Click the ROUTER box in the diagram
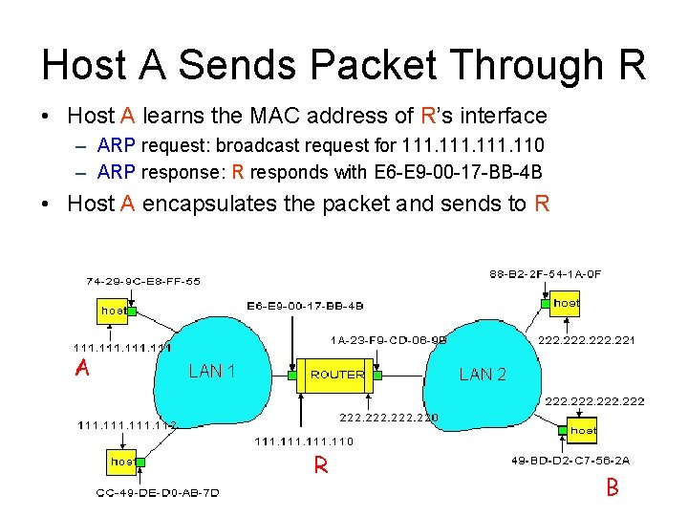coord(337,375)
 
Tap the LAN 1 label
coord(212,371)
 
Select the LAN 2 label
coord(483,375)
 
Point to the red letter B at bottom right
coord(613,488)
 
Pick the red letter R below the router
coord(322,466)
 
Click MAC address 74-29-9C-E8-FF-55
coord(142,282)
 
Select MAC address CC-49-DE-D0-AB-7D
coord(158,493)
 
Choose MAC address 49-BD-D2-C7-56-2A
coord(571,462)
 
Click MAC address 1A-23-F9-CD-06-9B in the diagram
coord(389,339)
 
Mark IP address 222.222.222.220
coord(389,418)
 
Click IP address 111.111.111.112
coord(127,425)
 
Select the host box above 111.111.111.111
coord(114,311)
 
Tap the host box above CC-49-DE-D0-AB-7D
coord(122,462)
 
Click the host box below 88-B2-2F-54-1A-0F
coord(566,303)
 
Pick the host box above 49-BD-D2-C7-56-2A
coord(583,431)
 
